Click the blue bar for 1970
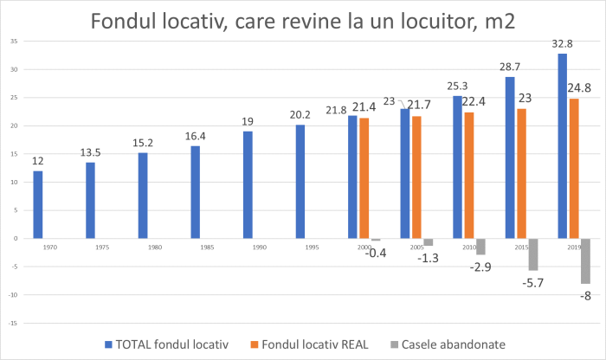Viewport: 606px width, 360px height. [x=38, y=204]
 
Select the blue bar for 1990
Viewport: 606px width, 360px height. [x=248, y=184]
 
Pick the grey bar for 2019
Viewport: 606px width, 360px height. [x=585, y=260]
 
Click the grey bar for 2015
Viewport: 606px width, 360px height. [x=533, y=254]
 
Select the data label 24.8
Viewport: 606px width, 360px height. [x=580, y=88]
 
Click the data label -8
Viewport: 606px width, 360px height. [x=585, y=296]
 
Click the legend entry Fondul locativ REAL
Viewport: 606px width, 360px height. [x=310, y=345]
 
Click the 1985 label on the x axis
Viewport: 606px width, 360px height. [x=195, y=247]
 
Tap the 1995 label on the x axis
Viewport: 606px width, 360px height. [x=300, y=247]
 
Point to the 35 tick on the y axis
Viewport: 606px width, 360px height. [x=15, y=41]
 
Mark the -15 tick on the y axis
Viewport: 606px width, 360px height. [x=13, y=323]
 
